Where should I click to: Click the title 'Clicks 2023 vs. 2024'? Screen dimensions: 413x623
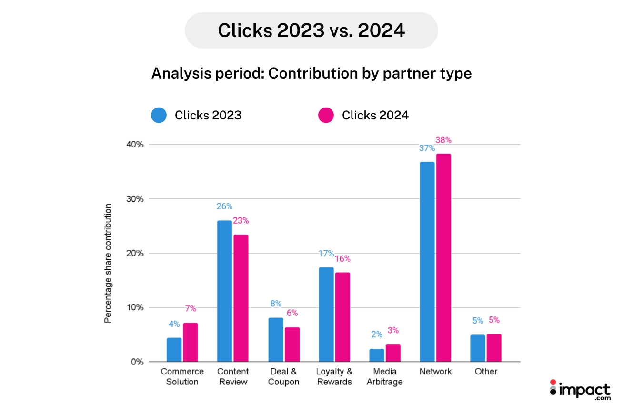coord(311,30)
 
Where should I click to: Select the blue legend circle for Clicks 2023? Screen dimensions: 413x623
coord(159,115)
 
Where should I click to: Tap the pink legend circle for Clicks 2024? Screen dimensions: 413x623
coord(326,115)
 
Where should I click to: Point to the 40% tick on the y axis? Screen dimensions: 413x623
coord(134,145)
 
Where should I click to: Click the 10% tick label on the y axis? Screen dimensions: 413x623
coord(134,307)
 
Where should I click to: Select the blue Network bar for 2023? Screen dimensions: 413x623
coord(427,262)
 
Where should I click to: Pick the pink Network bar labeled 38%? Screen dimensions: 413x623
coord(443,257)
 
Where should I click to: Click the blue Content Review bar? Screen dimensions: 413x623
coord(224,291)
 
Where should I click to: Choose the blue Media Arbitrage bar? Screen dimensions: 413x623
coord(376,355)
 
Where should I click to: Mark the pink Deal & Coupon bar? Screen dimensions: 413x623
coord(292,344)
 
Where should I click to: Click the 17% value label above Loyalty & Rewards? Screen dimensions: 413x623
coord(326,254)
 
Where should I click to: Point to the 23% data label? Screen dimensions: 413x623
coord(241,221)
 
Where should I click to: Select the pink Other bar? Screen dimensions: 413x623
coord(494,348)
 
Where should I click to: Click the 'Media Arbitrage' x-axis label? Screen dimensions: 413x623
coord(384,376)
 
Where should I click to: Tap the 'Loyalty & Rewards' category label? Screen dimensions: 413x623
coord(334,376)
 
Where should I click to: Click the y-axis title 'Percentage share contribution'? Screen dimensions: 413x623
coord(108,264)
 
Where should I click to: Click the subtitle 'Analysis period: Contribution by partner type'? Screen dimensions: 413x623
coord(311,74)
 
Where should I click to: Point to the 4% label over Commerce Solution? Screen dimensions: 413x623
coord(174,324)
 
